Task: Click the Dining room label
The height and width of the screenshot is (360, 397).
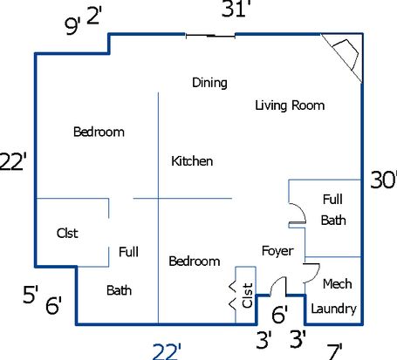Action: point(209,83)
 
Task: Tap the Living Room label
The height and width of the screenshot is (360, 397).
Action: point(290,105)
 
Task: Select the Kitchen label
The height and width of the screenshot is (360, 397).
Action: point(192,161)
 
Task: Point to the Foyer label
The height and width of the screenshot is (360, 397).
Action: point(277,251)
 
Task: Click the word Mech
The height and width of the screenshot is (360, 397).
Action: point(337,284)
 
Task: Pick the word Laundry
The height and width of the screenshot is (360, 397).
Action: point(333,309)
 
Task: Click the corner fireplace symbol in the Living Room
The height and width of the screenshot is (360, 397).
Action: point(345,55)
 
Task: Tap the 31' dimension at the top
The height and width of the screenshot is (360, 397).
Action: point(236,9)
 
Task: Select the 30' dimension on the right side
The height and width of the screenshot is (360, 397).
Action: point(384,180)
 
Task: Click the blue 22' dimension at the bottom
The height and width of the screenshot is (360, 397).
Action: point(167,351)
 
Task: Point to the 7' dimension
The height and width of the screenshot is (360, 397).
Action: point(334,352)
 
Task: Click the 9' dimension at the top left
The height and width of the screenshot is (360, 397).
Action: point(72,26)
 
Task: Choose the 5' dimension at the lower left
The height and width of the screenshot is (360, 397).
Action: point(31,295)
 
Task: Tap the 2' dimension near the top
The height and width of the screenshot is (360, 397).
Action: point(94,16)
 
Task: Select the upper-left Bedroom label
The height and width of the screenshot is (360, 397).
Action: point(99,132)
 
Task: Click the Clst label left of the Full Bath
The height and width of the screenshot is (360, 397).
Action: point(67,233)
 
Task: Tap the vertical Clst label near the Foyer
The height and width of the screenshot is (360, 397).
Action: point(247,295)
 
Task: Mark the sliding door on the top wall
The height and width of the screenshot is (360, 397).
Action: point(210,36)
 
